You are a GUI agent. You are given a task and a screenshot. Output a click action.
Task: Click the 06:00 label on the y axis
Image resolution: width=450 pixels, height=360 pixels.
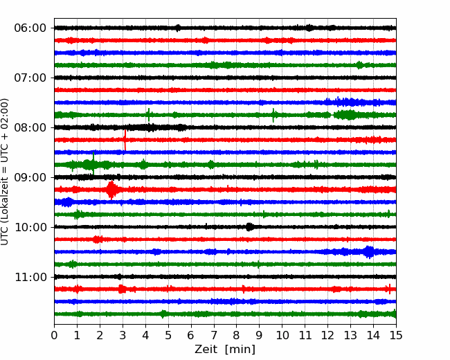click(x=30, y=28)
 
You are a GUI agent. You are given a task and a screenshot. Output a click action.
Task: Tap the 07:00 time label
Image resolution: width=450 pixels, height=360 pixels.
click(x=30, y=78)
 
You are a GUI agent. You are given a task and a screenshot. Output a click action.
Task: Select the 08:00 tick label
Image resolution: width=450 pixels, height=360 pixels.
click(x=30, y=128)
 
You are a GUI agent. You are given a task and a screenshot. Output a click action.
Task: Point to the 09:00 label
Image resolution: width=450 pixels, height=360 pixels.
click(x=30, y=178)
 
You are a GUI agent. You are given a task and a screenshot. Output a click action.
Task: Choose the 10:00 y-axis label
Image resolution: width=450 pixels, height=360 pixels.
click(x=30, y=227)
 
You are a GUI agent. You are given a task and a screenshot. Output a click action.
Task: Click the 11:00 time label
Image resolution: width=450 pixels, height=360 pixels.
click(x=30, y=278)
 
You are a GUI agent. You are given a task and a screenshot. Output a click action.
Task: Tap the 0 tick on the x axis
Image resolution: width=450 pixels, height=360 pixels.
click(x=54, y=335)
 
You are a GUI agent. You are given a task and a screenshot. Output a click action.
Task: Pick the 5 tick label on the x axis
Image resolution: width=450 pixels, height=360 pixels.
click(x=168, y=335)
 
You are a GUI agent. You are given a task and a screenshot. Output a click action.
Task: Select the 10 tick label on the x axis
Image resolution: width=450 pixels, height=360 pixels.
click(x=282, y=335)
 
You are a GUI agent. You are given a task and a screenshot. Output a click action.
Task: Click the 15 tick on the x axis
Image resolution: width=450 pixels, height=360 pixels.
click(x=396, y=335)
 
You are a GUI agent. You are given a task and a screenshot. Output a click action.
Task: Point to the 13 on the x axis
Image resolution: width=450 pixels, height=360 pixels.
click(x=350, y=335)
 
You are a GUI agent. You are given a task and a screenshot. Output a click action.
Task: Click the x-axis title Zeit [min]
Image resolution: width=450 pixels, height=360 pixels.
click(x=225, y=350)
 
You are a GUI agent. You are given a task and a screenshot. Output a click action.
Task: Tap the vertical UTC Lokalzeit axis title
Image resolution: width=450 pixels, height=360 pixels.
click(x=5, y=172)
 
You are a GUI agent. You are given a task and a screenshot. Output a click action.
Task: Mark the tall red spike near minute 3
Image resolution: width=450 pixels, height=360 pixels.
click(x=125, y=140)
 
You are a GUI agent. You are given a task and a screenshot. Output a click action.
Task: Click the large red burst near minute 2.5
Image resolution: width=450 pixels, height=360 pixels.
click(x=111, y=190)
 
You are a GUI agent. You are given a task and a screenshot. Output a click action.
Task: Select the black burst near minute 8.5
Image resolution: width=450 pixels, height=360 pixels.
click(x=250, y=227)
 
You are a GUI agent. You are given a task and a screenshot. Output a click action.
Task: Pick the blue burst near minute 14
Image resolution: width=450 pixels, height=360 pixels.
click(x=369, y=252)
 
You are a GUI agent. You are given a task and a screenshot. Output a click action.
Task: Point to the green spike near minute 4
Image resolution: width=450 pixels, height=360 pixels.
click(x=149, y=115)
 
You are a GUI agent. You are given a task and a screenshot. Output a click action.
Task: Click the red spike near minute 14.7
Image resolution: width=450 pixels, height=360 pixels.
click(x=390, y=289)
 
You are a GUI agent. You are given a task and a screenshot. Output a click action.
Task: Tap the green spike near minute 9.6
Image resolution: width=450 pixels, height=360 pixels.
click(x=273, y=115)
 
